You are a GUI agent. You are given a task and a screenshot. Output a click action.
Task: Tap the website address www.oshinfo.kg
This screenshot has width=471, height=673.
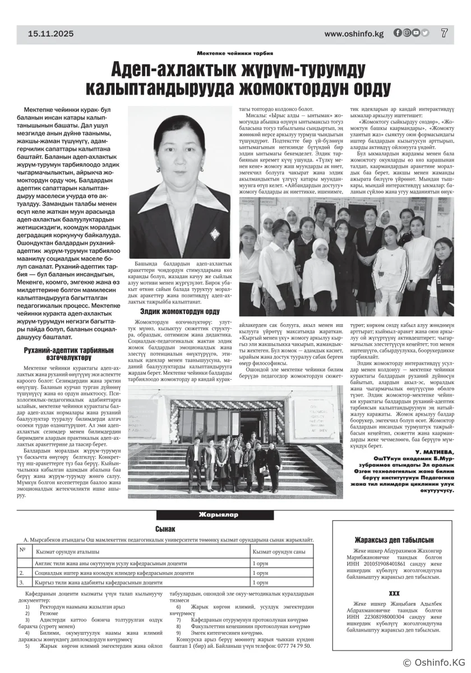[x=354, y=34]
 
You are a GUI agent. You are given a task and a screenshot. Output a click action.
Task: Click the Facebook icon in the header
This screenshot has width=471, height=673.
[x=398, y=33]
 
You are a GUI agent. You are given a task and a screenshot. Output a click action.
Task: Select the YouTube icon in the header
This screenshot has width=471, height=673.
[x=416, y=33]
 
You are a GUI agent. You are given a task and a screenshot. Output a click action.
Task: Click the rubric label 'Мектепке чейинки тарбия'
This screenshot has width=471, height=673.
[x=235, y=53]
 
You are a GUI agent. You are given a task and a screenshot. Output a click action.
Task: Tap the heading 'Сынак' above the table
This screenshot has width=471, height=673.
[x=165, y=528]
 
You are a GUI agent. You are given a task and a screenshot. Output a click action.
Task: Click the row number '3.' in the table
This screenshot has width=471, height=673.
[x=22, y=583]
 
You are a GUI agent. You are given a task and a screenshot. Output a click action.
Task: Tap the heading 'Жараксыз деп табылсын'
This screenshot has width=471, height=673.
[x=392, y=540]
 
